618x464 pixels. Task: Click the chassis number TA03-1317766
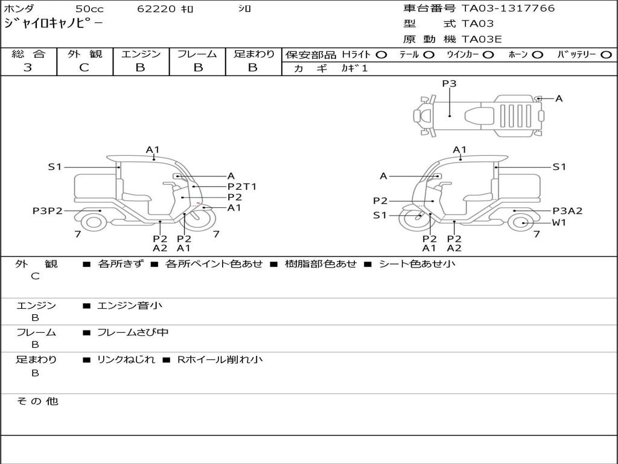(508, 8)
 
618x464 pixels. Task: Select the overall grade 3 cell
(28, 68)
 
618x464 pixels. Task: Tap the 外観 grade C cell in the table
(84, 68)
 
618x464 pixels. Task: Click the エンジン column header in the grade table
(141, 54)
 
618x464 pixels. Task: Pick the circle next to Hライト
(381, 54)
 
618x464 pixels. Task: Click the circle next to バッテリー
(606, 54)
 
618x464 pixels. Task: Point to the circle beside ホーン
(537, 54)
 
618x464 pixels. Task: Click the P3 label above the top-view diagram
(449, 84)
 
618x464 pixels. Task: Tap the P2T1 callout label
(241, 186)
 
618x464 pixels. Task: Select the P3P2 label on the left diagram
(48, 211)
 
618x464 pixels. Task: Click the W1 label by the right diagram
(559, 222)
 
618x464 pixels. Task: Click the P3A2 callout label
(567, 211)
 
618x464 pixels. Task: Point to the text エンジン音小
(130, 306)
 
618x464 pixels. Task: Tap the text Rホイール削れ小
(220, 359)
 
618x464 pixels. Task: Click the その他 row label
(37, 401)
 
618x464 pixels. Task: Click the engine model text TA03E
(482, 40)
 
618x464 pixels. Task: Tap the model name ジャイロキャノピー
(53, 24)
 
